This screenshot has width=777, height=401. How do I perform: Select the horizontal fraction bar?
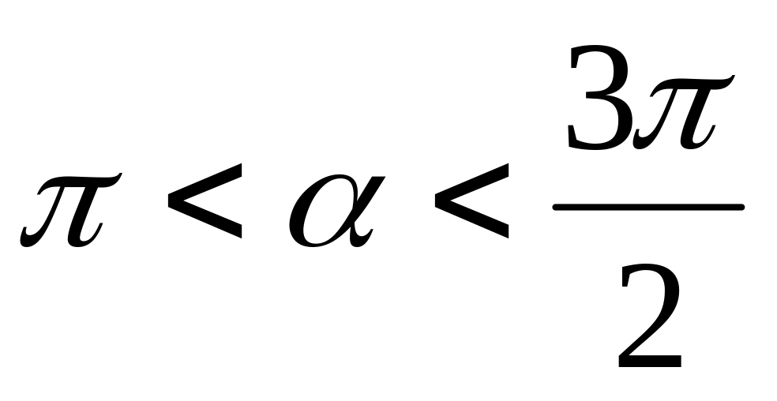pyautogui.click(x=647, y=208)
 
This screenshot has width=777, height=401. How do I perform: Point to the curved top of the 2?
pyautogui.click(x=649, y=272)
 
